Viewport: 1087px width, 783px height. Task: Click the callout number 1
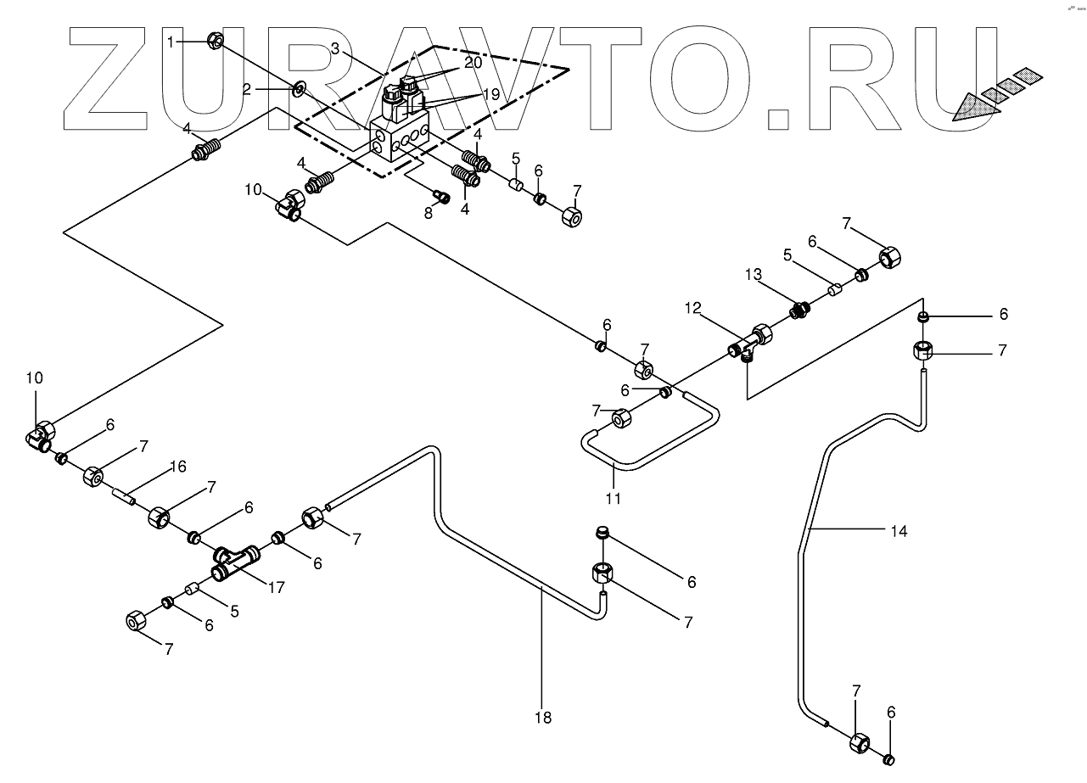click(172, 41)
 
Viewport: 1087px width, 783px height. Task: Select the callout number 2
click(248, 88)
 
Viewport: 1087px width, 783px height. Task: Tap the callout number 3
click(336, 49)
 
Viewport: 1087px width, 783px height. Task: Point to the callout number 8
click(429, 213)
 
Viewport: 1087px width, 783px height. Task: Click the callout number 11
click(614, 498)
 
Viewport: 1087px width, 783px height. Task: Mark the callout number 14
click(899, 531)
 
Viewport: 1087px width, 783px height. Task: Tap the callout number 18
click(543, 718)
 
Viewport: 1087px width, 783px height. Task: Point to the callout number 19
click(492, 94)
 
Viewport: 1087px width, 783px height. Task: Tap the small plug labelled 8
click(441, 197)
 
